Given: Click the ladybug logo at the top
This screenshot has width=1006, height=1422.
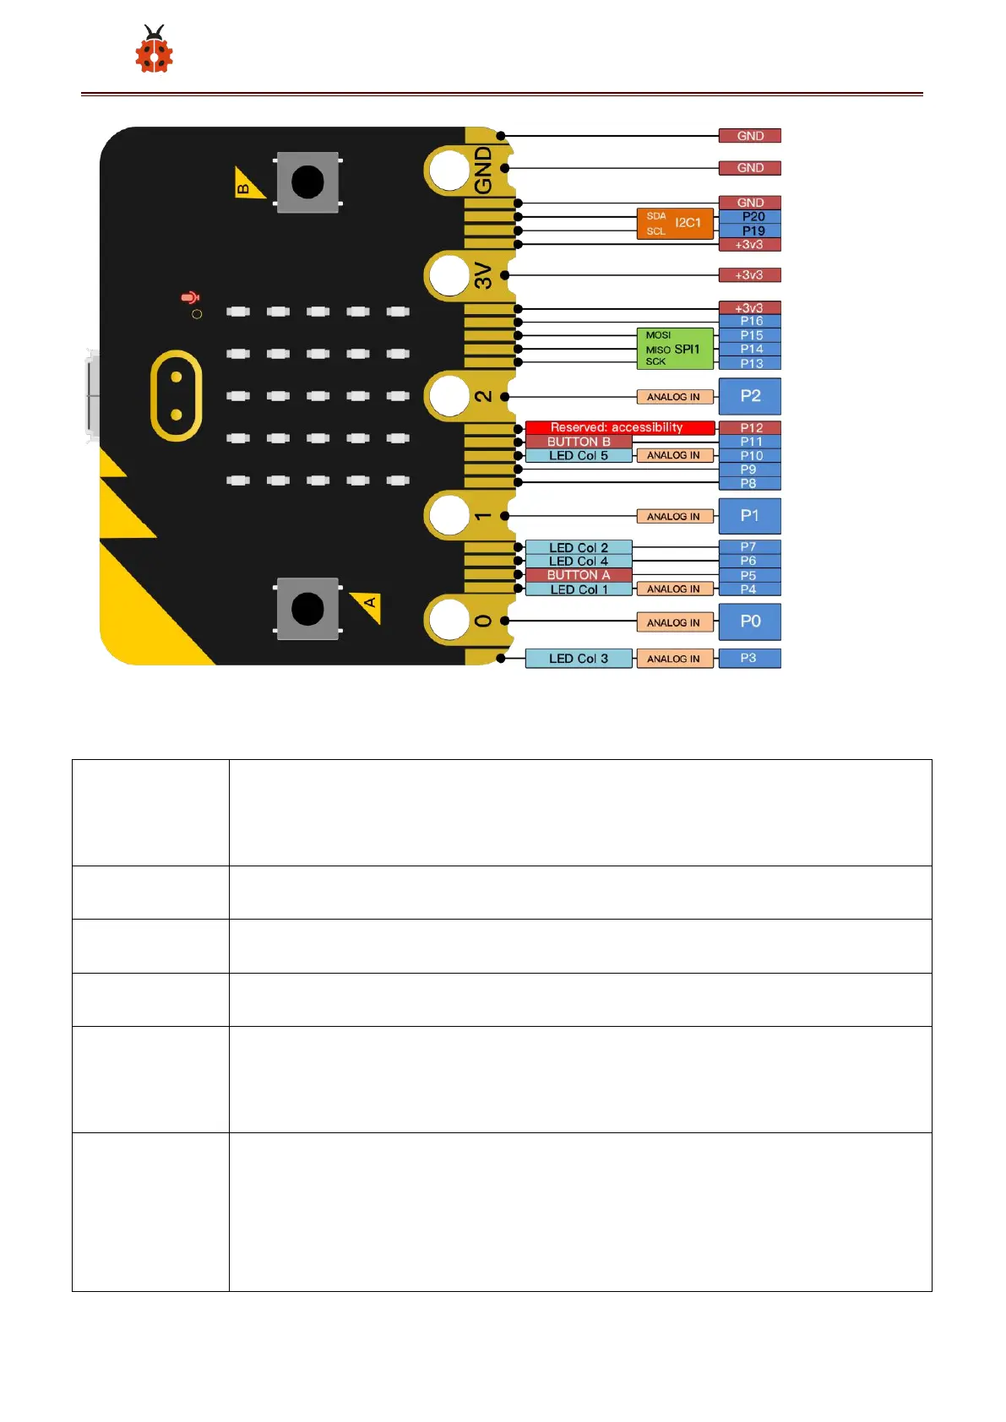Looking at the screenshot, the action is coord(154,50).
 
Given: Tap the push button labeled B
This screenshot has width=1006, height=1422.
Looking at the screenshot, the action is coord(307,182).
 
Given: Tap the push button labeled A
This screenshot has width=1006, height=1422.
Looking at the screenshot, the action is coord(307,608).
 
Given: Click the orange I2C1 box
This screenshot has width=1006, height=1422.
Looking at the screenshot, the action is coord(674,223).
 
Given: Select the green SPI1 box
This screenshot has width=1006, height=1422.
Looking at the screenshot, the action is coord(674,348).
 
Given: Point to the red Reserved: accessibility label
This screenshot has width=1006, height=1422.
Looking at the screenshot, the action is coord(619,427).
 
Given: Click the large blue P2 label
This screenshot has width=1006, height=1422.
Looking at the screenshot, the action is coord(749,396).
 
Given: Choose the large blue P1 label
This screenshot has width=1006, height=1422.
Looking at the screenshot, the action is coord(749,516).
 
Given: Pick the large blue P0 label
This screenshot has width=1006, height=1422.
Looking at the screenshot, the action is coord(749,621).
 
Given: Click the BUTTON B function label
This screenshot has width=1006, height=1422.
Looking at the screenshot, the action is coord(579,442).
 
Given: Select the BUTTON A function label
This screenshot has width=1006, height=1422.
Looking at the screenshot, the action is coord(579,575).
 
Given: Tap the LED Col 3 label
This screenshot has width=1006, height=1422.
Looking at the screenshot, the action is coord(579,659).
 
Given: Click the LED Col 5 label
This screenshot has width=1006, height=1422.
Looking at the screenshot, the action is coord(579,455).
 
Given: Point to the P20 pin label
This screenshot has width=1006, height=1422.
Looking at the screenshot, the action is coord(751,217).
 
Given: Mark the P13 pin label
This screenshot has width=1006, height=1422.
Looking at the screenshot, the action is coord(750,363).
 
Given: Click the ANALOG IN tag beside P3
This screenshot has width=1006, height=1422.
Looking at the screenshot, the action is coord(674,659).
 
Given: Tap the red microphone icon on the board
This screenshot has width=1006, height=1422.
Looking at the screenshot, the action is coord(190,297).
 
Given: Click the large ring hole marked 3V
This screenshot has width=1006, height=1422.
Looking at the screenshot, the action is coord(449,275).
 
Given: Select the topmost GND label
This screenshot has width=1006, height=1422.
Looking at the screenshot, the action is coord(749,136).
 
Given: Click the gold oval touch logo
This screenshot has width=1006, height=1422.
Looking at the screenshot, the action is coord(176,395).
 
